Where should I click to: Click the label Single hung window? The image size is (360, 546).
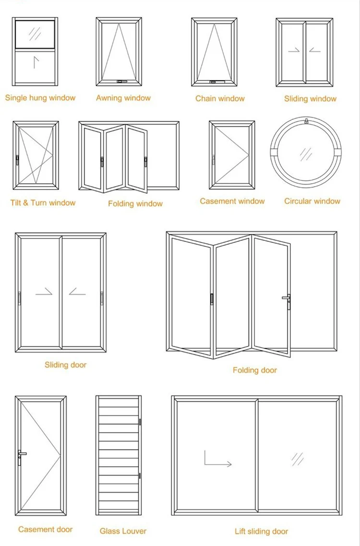point(40,98)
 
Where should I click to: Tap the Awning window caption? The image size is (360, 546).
point(123,98)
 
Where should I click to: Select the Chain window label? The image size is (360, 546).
point(220,98)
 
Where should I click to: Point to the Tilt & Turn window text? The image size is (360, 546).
point(43,203)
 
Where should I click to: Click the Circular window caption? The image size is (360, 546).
point(312,201)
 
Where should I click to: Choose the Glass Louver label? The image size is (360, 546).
point(123,531)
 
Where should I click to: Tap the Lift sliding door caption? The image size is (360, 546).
point(262,531)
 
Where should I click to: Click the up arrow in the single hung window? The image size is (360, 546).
point(34,62)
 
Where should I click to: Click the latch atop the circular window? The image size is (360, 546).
point(306,121)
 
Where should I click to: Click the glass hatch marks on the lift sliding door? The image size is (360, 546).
point(298,459)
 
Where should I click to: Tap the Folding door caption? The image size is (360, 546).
point(255,370)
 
